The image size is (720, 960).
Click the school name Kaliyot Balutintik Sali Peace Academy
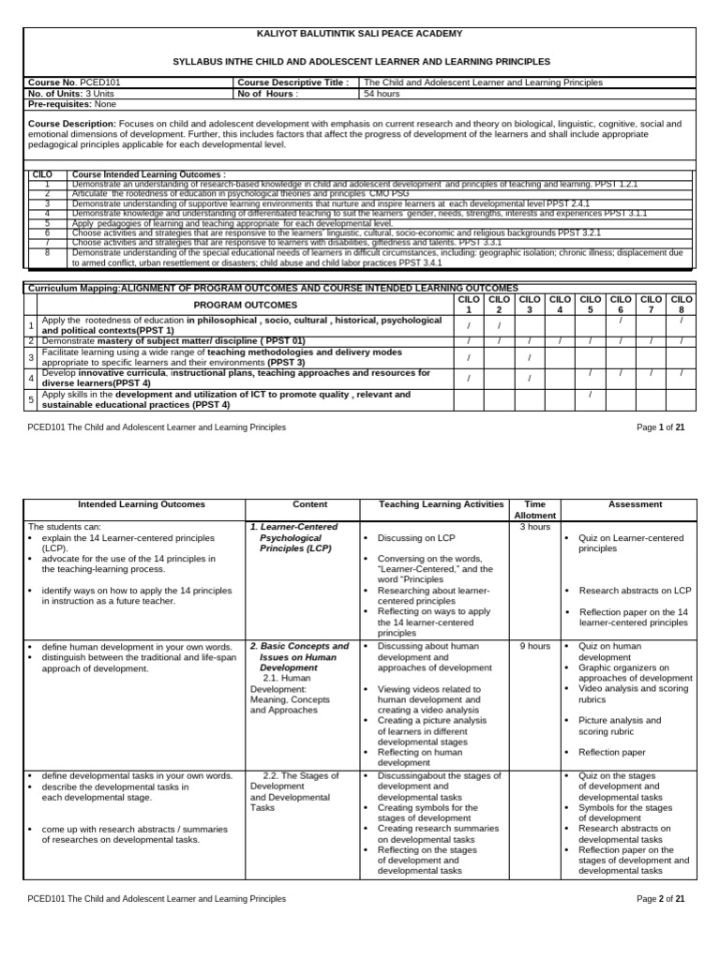[x=360, y=34]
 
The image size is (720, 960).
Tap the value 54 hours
[x=382, y=94]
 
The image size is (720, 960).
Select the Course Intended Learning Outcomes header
[x=149, y=174]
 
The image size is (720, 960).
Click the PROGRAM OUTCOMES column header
[x=246, y=305]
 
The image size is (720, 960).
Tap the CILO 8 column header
[x=682, y=305]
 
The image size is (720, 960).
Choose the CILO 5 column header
[x=591, y=305]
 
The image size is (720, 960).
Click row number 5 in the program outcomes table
[x=31, y=400]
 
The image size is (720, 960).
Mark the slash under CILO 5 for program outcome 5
[x=591, y=395]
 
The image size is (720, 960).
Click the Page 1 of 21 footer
[x=661, y=427]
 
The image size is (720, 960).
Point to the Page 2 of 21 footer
[x=661, y=898]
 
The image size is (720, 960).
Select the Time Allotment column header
[x=534, y=510]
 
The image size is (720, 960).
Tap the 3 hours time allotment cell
[x=534, y=527]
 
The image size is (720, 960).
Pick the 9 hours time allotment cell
[x=534, y=646]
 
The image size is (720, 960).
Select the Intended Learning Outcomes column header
[x=141, y=504]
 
